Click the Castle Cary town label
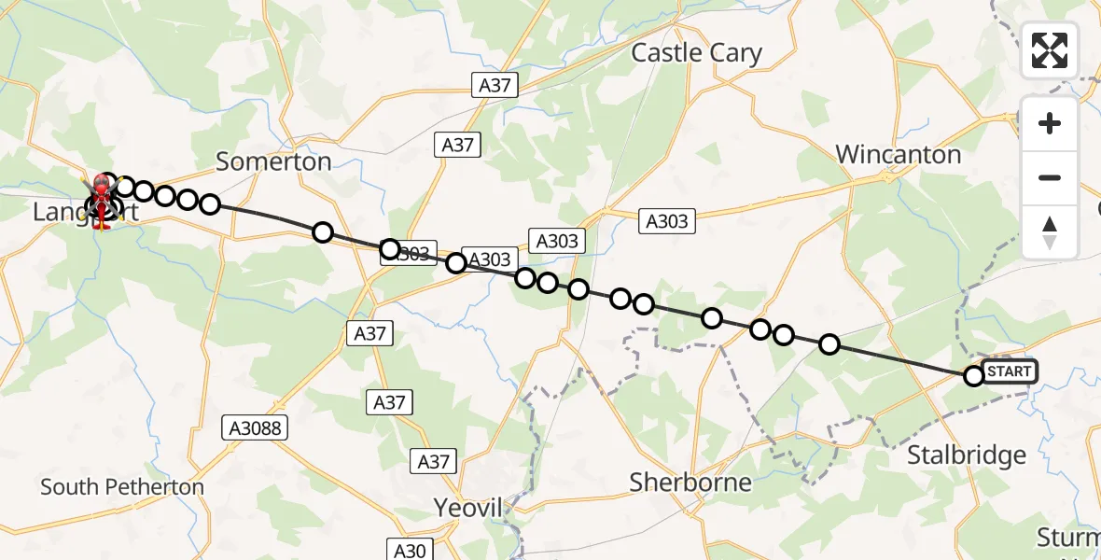696,53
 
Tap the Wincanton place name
898,155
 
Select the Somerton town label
273,161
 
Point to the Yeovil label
467,509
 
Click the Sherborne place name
690,483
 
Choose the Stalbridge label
967,455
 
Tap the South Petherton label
122,487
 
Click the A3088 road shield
255,428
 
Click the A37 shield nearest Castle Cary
495,85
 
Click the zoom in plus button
1050,123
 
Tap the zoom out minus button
1050,177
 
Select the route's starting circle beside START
974,376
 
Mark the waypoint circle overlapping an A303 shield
391,249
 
